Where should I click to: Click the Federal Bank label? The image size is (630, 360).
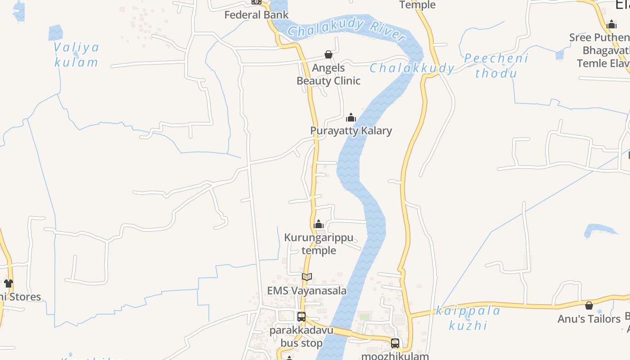(x=256, y=15)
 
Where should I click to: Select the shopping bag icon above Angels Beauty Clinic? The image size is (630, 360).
(x=328, y=55)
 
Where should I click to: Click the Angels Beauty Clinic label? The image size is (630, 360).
(x=328, y=74)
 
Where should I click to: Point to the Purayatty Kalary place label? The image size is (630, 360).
(x=351, y=130)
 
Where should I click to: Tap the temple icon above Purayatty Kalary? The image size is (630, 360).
(x=351, y=118)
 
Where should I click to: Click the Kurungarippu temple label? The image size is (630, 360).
(x=319, y=244)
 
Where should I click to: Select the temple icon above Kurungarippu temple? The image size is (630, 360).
(x=319, y=224)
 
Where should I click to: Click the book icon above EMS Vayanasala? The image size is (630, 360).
(x=307, y=277)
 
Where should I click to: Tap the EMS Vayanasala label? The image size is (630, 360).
(x=307, y=290)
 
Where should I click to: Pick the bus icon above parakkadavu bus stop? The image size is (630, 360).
(x=301, y=316)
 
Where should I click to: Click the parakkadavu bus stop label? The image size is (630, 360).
(x=301, y=337)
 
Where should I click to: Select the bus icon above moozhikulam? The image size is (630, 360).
(x=395, y=343)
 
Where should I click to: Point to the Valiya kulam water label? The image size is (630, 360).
(x=76, y=54)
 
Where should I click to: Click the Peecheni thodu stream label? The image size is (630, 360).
(x=496, y=66)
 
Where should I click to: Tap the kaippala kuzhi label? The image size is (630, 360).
(x=468, y=318)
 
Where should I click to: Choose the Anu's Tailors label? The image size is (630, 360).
(x=589, y=319)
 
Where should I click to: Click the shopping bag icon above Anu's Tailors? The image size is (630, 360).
(x=589, y=306)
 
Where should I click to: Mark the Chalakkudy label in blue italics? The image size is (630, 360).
(x=412, y=68)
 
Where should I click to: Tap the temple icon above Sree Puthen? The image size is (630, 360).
(x=612, y=24)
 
